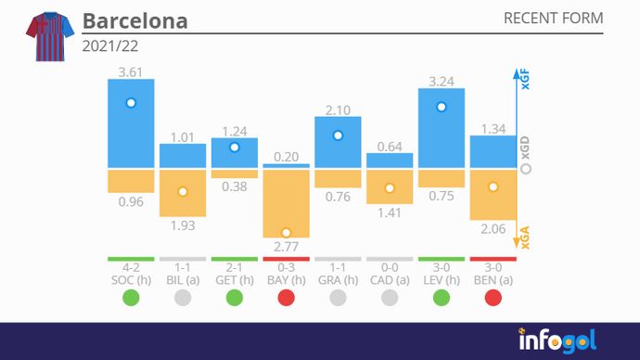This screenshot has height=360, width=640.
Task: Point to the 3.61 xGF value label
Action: [x=130, y=71]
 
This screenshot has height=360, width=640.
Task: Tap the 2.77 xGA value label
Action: [x=286, y=246]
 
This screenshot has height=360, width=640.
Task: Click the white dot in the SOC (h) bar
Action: [x=131, y=103]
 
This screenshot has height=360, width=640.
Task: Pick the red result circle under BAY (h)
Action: [x=286, y=299]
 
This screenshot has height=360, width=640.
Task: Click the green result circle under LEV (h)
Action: [x=442, y=299]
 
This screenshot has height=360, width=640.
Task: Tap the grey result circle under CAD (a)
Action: [x=390, y=299]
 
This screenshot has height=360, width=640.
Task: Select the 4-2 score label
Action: [x=130, y=267]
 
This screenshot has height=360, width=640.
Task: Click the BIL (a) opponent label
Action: [x=182, y=279]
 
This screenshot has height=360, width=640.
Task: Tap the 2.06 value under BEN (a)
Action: [x=493, y=226]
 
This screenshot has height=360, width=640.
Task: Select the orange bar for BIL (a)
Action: [x=182, y=193]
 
